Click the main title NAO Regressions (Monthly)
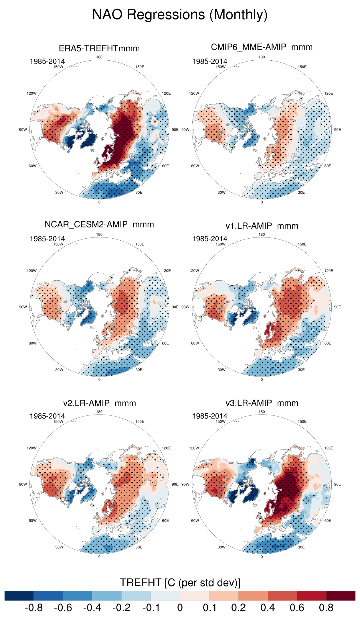(x=180, y=15)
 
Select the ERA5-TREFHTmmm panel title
(x=99, y=48)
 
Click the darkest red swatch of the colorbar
(x=341, y=596)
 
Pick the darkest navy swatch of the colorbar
(x=19, y=596)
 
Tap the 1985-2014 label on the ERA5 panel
(x=47, y=62)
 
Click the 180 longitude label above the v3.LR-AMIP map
(x=262, y=412)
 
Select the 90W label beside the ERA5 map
(x=23, y=130)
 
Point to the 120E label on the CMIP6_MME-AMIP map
(x=329, y=93)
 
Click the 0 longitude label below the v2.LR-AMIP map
(x=99, y=557)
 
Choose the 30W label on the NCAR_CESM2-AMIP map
(x=59, y=370)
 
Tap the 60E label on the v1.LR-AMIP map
(x=328, y=343)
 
